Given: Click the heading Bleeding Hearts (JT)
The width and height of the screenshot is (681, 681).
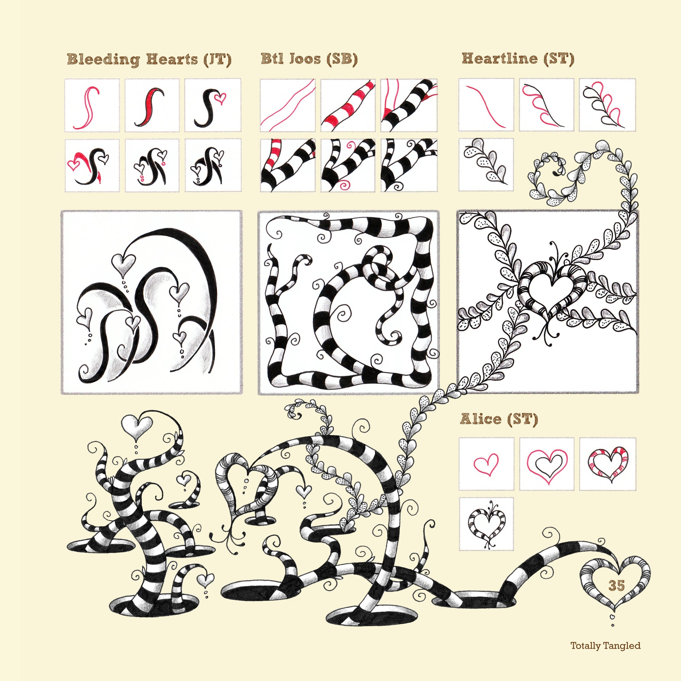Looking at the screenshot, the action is (149, 60).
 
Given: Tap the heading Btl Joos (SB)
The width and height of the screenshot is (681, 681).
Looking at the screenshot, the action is (309, 59).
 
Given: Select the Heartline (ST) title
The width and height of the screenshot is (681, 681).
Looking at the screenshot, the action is (518, 59).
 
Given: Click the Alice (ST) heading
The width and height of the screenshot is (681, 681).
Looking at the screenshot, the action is (499, 419).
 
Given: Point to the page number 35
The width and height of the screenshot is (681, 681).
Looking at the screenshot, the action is (617, 585).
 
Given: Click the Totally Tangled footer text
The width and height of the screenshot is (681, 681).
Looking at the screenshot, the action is (605, 655).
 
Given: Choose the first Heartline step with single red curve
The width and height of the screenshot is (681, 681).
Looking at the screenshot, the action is (486, 105).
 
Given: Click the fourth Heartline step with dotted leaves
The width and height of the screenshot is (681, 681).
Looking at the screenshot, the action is (486, 164).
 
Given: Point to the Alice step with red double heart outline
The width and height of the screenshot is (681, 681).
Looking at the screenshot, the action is (547, 464).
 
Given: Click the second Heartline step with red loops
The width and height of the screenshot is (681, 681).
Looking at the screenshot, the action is (547, 105).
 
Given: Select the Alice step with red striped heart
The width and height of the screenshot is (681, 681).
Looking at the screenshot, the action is (608, 464).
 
